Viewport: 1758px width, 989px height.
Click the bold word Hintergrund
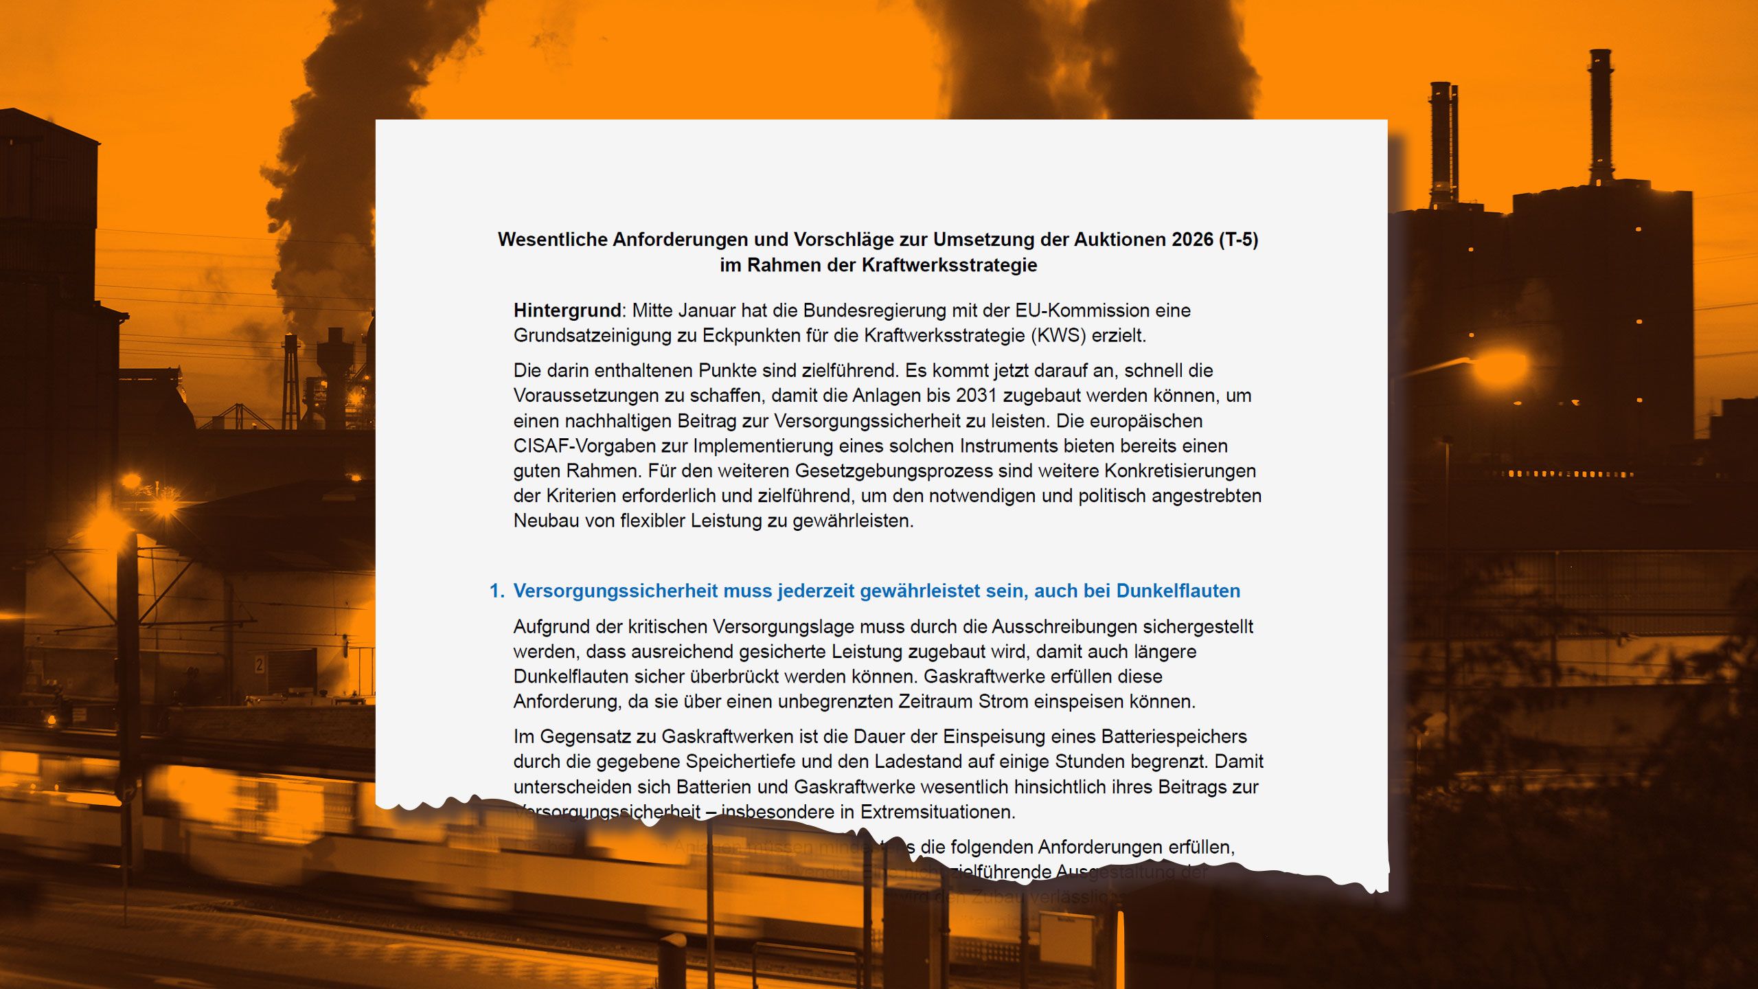(567, 310)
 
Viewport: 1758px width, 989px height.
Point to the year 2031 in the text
(977, 396)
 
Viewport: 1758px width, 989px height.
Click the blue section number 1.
(496, 591)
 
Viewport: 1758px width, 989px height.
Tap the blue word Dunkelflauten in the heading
(1178, 591)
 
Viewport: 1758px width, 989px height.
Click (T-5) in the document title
(1238, 240)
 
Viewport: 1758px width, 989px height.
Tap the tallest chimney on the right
(1600, 117)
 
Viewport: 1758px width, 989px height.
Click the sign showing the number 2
(259, 664)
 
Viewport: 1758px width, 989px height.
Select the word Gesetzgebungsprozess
(893, 471)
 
